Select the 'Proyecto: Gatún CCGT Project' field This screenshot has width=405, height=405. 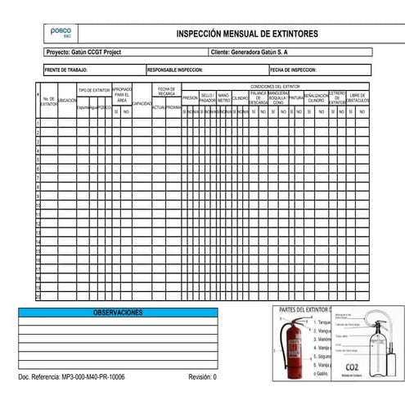(84, 52)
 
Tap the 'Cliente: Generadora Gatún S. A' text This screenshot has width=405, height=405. (249, 52)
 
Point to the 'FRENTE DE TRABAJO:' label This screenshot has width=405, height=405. (65, 70)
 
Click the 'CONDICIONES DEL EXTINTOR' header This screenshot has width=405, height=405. (275, 86)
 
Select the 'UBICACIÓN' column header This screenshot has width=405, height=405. (67, 101)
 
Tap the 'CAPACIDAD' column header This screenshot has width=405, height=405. (142, 104)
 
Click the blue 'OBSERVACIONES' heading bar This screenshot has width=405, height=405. (118, 313)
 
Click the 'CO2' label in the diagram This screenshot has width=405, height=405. (353, 367)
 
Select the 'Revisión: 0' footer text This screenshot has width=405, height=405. (202, 378)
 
